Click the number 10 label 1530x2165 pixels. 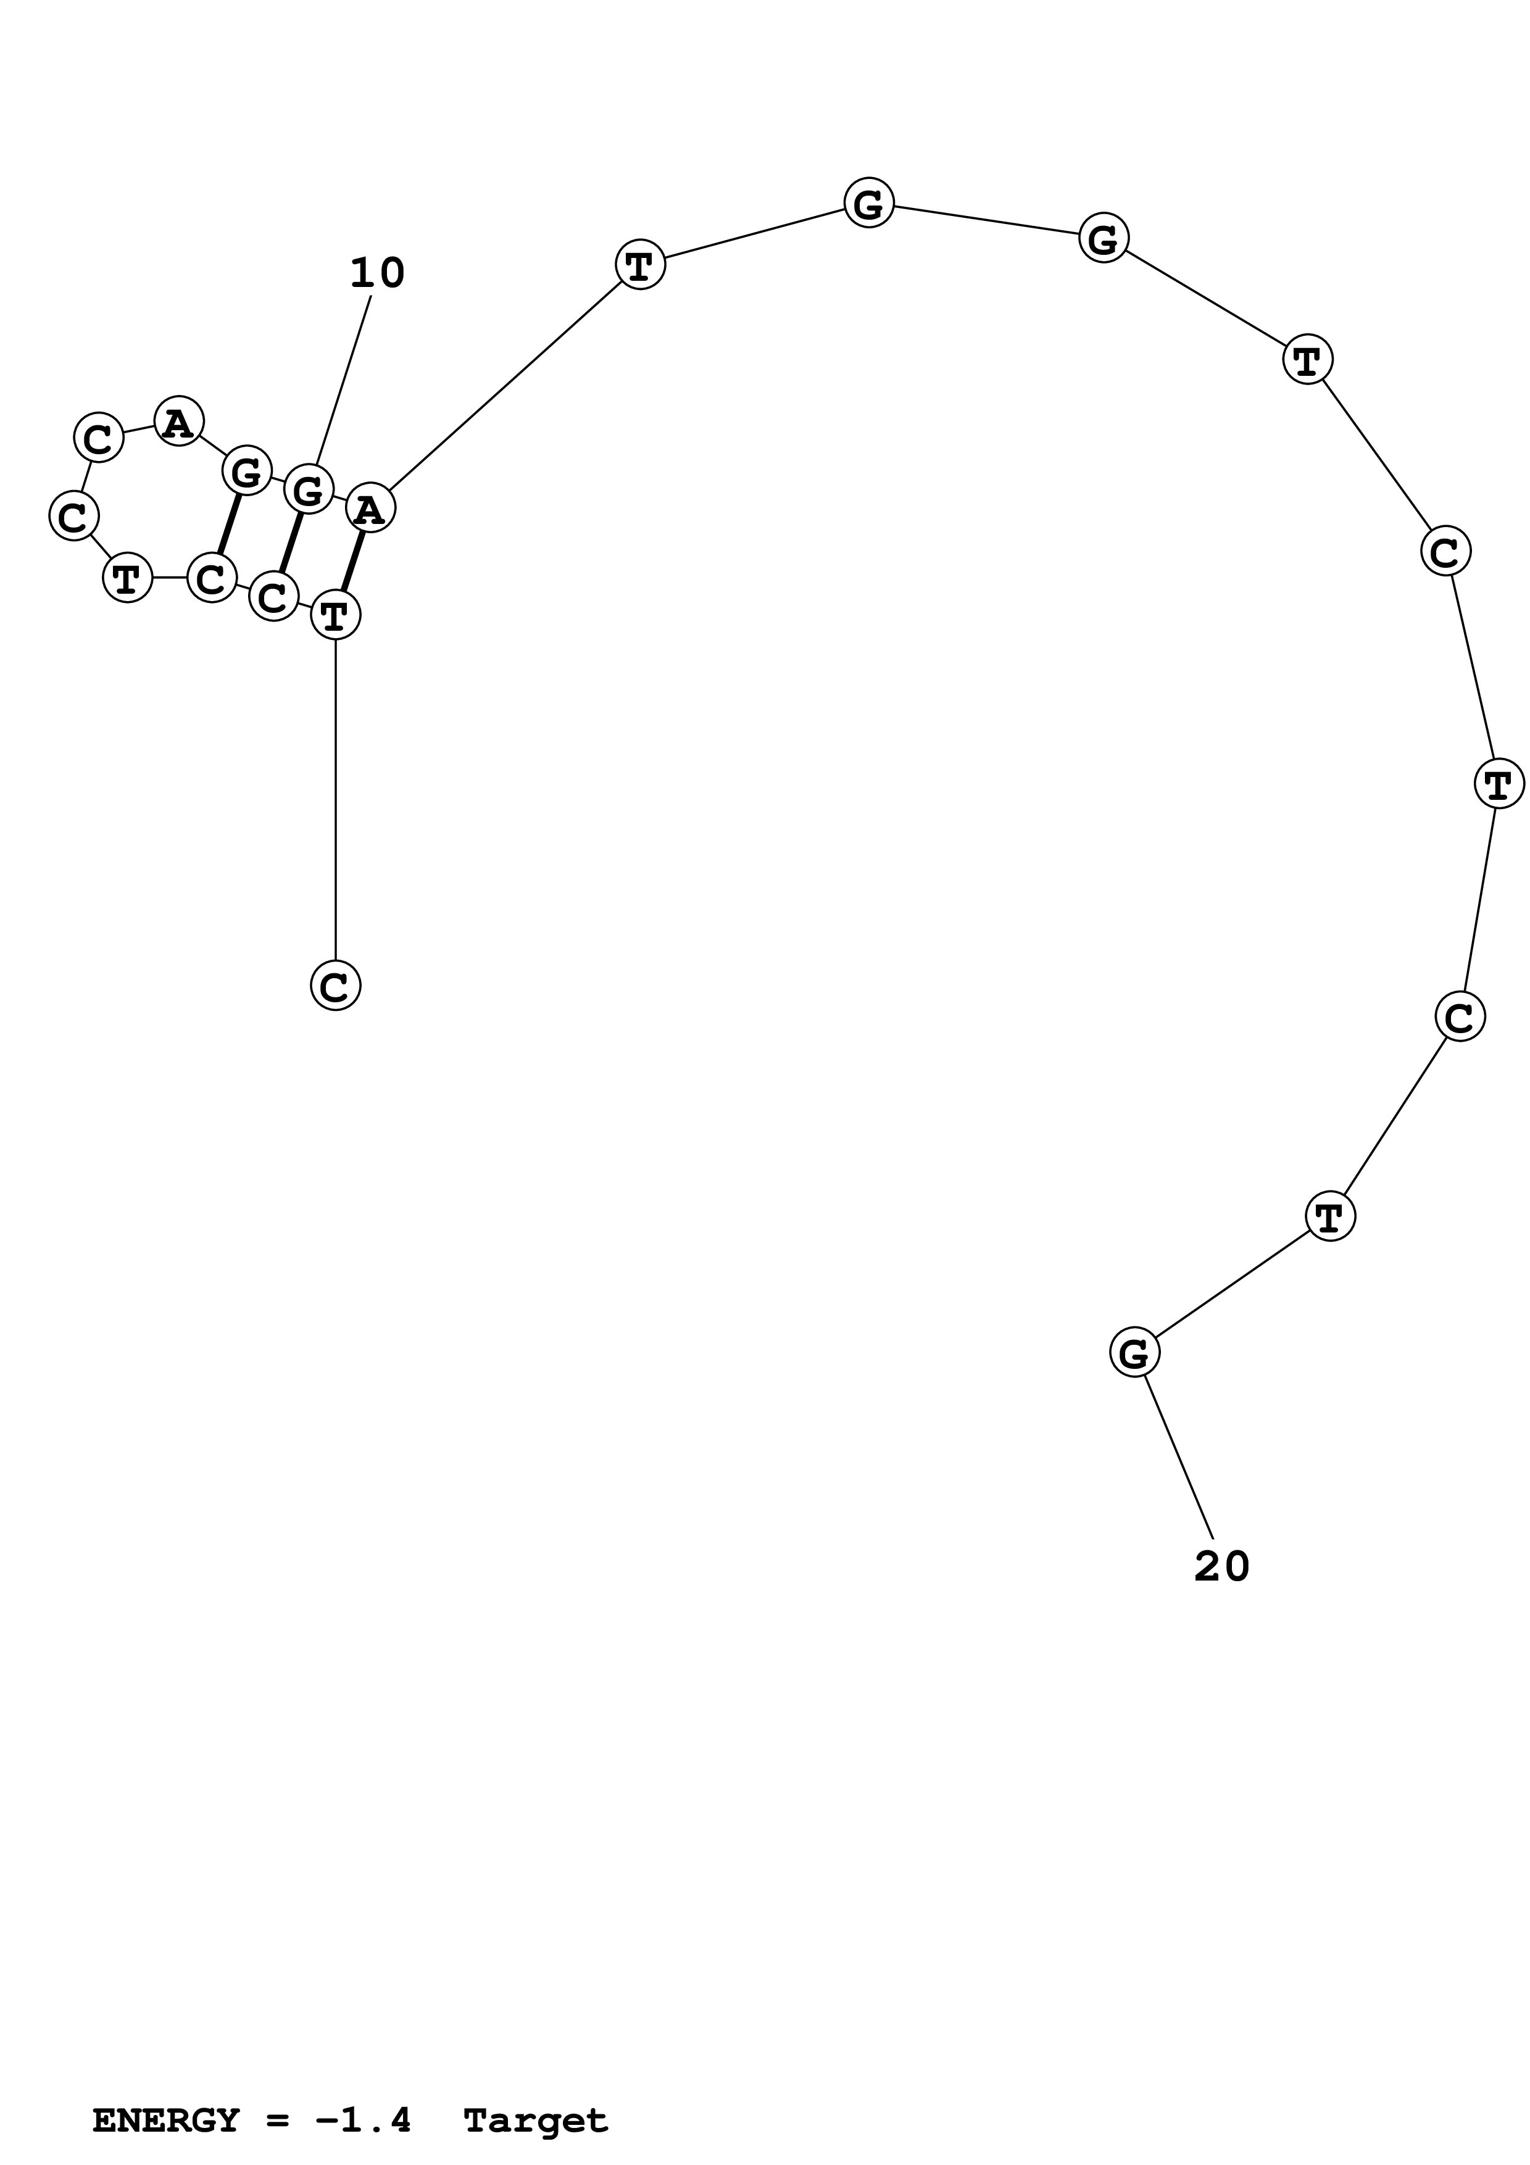(377, 273)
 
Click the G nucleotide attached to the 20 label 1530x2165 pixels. (1134, 1352)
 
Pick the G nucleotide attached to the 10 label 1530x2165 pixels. (308, 489)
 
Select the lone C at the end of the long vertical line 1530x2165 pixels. (336, 986)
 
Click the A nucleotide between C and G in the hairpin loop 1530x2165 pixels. (179, 422)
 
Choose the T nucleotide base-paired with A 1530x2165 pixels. (336, 615)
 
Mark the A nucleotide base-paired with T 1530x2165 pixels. (370, 509)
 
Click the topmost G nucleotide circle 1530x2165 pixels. (868, 202)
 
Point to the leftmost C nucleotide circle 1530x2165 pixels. (73, 516)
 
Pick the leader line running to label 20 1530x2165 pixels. (1178, 1457)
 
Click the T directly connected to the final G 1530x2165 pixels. (1330, 1216)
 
